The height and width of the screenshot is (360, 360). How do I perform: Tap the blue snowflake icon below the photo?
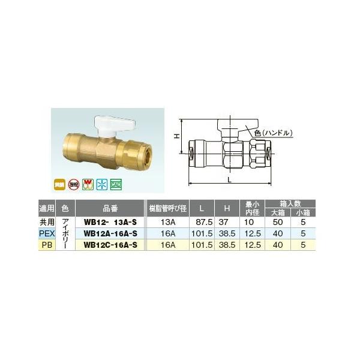pyautogui.click(x=104, y=182)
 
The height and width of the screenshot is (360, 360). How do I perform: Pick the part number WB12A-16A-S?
pyautogui.click(x=112, y=233)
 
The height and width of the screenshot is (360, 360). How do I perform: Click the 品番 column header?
pyautogui.click(x=112, y=209)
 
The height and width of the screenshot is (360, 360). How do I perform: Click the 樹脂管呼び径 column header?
pyautogui.click(x=168, y=209)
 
